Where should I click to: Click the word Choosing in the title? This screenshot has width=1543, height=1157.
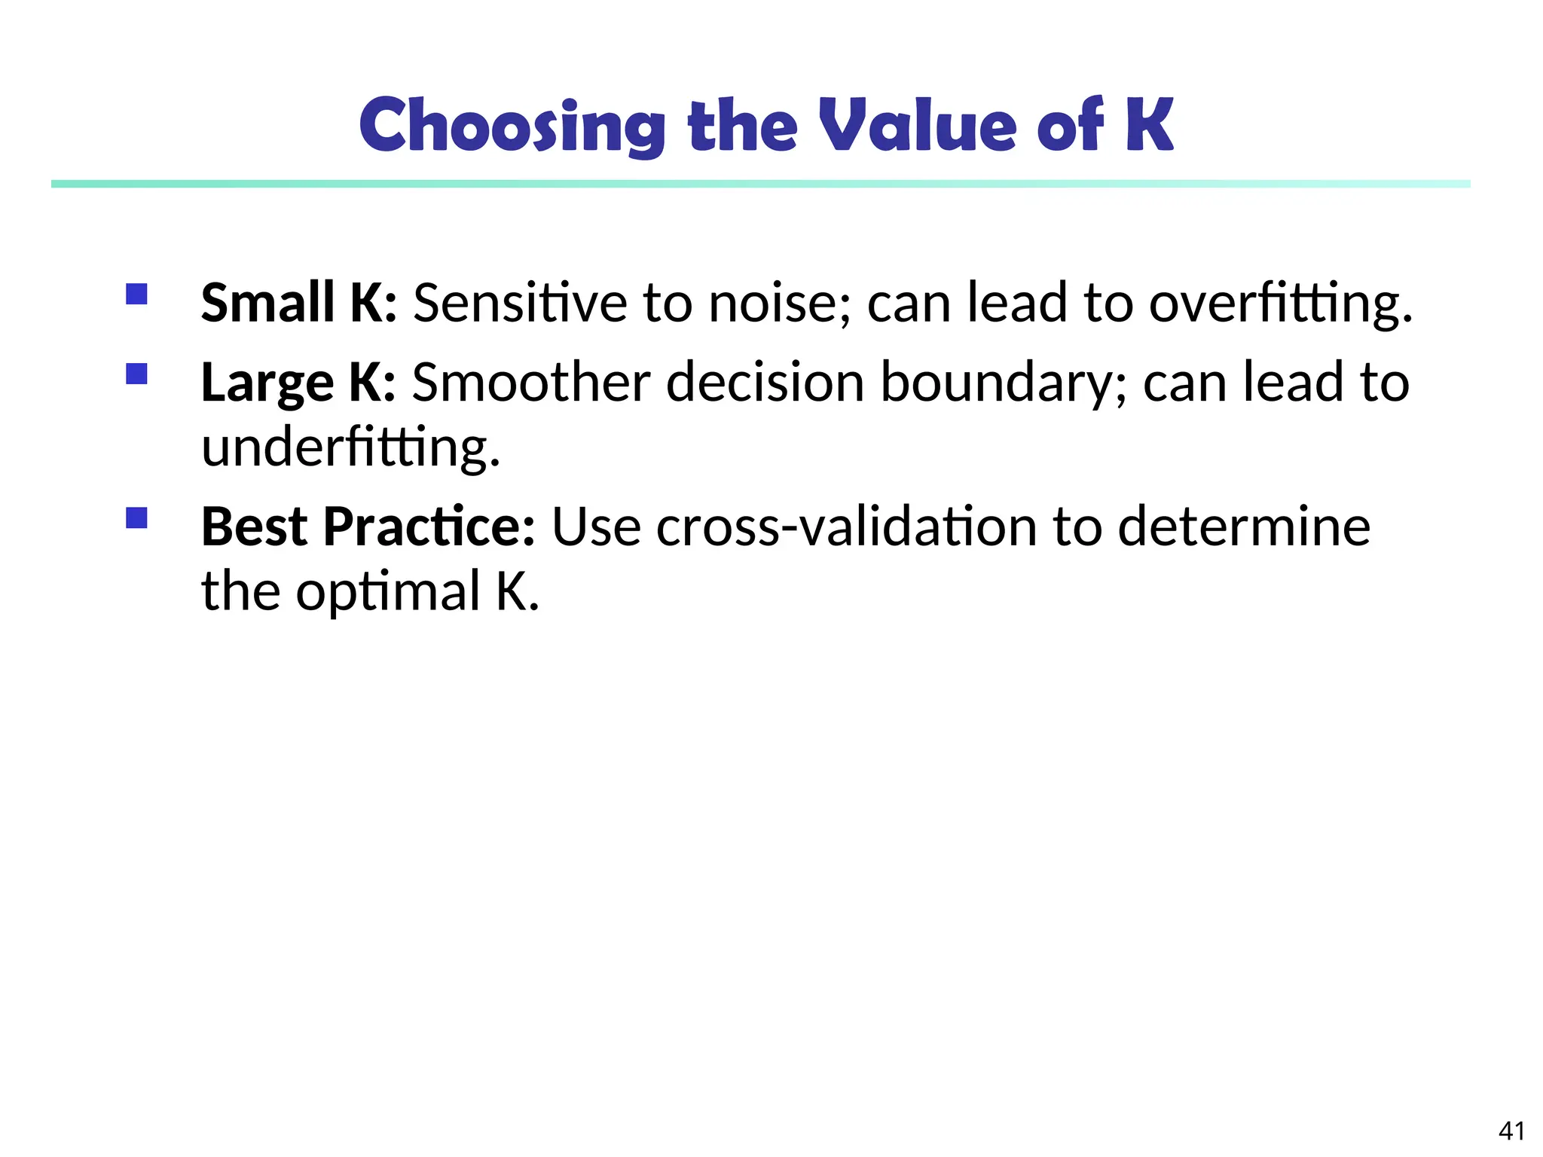[x=512, y=126]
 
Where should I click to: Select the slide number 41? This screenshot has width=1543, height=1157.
[x=1511, y=1131]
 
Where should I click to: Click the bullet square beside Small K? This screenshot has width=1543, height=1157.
[x=136, y=294]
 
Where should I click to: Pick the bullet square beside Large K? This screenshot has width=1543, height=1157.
[x=136, y=374]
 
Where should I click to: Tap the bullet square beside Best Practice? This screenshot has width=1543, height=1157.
[x=136, y=517]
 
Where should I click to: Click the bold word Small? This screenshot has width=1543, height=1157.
[x=267, y=302]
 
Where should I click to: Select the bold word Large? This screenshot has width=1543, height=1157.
[x=267, y=383]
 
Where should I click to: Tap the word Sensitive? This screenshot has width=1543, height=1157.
[x=520, y=302]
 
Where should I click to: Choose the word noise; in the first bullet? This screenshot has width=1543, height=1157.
[x=780, y=302]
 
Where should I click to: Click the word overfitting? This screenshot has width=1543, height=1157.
[x=1280, y=302]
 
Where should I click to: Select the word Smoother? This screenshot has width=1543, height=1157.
[x=530, y=382]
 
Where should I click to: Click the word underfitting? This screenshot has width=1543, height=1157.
[x=350, y=447]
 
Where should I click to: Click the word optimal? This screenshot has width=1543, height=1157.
[x=388, y=591]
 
